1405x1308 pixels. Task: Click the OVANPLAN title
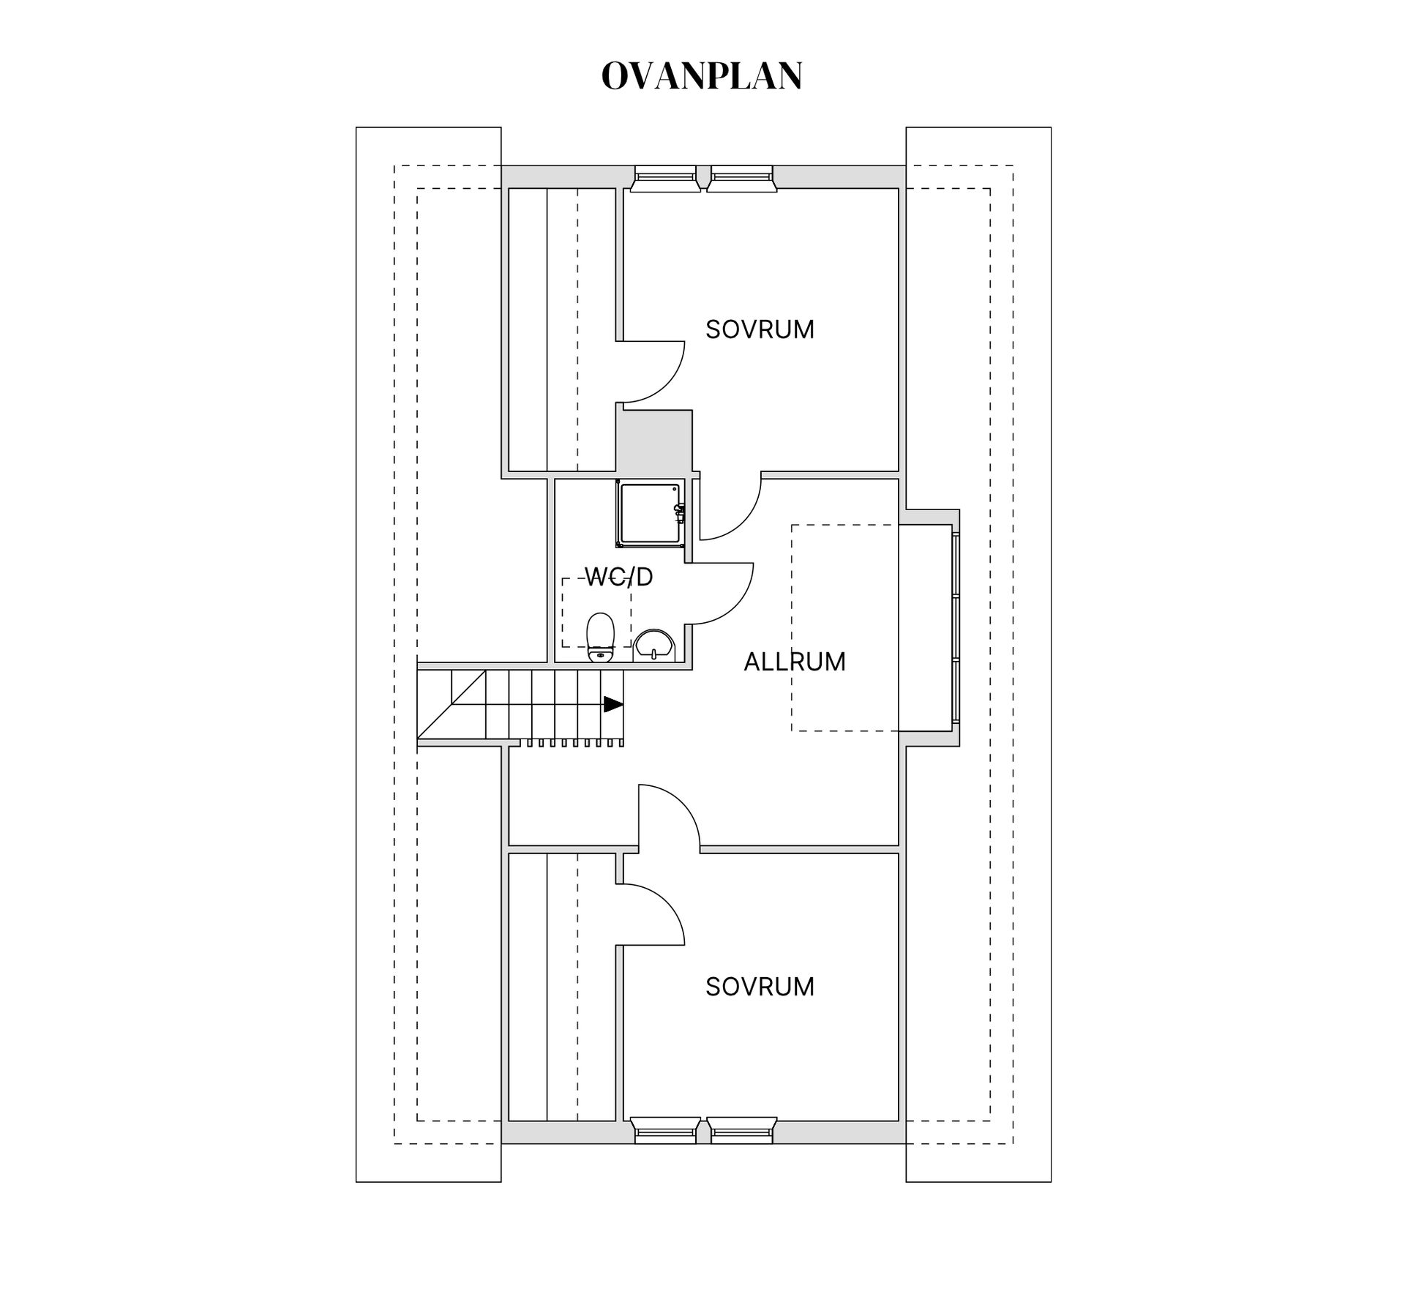click(x=702, y=76)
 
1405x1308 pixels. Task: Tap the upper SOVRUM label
click(x=760, y=329)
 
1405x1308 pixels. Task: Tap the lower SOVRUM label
click(x=760, y=987)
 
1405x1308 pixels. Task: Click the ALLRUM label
click(x=795, y=662)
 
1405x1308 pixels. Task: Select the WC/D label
click(x=619, y=578)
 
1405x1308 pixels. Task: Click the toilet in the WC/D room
click(x=600, y=637)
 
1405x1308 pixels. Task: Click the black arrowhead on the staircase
click(x=613, y=704)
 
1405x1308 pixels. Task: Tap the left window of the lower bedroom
click(x=665, y=1131)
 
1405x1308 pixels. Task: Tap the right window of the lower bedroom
click(x=741, y=1131)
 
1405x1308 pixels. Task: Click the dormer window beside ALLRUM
click(x=956, y=629)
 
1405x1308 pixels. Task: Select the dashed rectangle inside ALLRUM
click(x=844, y=627)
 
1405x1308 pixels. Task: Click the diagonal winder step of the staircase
click(x=452, y=705)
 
